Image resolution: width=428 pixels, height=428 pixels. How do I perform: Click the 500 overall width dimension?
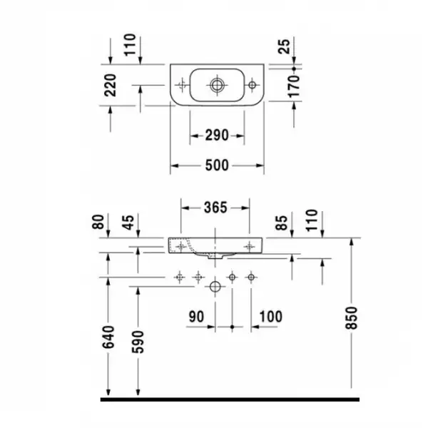tap(217, 165)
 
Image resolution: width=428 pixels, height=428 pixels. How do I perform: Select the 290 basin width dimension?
tap(217, 136)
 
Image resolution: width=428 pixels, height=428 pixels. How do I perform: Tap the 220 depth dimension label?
tap(111, 85)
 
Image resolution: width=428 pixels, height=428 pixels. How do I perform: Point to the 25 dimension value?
tap(284, 46)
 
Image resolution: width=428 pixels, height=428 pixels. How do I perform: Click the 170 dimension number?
tap(294, 87)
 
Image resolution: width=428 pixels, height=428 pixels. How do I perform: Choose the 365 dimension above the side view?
tap(215, 208)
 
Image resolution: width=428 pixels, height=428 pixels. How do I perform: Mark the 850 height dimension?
tap(352, 318)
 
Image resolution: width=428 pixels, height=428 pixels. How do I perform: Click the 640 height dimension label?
tap(108, 337)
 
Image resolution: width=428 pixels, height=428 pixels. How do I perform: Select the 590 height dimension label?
tap(138, 342)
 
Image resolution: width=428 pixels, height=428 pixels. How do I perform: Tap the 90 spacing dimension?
tap(196, 317)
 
